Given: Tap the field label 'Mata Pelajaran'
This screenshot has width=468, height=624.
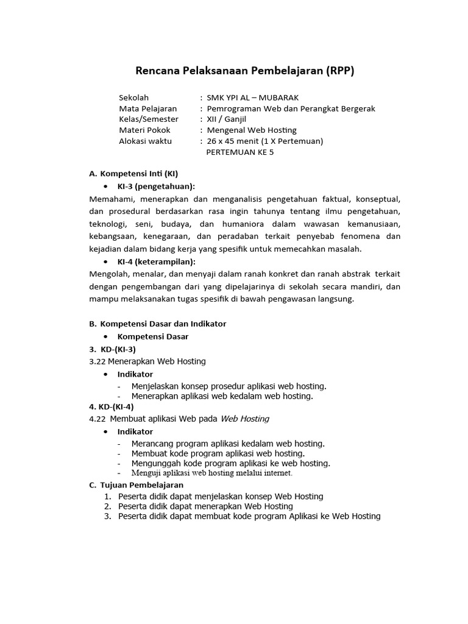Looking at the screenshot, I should coord(147,108).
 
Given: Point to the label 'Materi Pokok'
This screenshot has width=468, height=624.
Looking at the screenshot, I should coord(144,130).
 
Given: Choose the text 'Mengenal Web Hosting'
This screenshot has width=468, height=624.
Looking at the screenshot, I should coord(252,130).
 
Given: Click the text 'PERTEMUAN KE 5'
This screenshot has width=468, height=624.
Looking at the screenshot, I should coord(240,152).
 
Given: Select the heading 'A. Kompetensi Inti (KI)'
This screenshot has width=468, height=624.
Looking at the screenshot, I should coord(133,174).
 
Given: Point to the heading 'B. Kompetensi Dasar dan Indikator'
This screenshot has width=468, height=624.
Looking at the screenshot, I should coord(157,324).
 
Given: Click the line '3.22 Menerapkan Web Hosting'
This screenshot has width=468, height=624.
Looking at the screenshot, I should coord(147,361).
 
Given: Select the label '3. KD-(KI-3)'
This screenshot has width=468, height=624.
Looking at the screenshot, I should coord(112,349).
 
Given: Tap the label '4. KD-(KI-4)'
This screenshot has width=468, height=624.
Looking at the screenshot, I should coord(112,406).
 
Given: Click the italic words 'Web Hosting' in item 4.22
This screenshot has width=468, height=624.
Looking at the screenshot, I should coord(244,419).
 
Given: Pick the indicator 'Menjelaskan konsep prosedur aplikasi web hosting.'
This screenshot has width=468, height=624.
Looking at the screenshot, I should coord(229,386).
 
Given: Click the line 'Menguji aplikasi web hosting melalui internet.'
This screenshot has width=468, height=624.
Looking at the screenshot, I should coord(212,472).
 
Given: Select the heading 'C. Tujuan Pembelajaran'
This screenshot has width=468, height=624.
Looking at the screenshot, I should coord(136,485).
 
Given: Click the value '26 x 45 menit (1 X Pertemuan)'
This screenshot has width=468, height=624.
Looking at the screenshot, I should coord(265,141).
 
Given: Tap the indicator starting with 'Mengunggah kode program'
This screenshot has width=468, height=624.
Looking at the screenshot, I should coord(230,463).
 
